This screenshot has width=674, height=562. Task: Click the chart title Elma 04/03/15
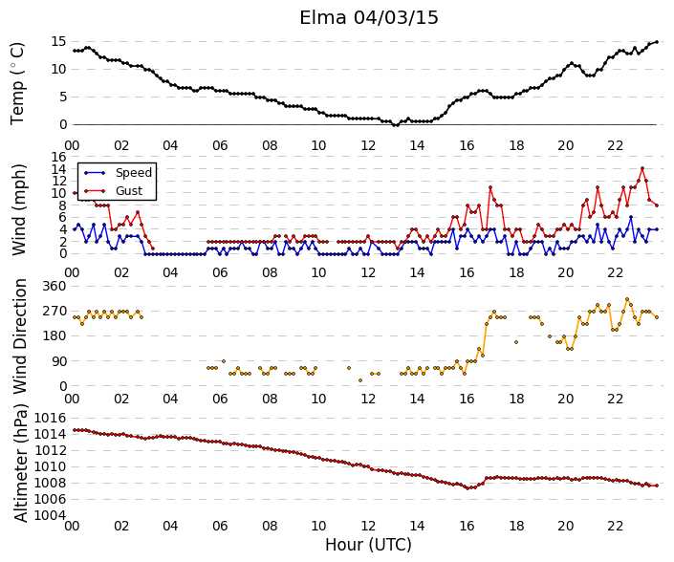(x=369, y=18)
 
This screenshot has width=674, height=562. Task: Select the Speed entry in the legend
(x=134, y=173)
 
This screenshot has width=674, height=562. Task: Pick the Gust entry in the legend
(x=129, y=191)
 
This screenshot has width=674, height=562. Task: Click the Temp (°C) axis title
(x=17, y=84)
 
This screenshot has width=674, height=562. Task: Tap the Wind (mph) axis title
(x=18, y=209)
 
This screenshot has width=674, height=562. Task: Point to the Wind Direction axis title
(x=19, y=336)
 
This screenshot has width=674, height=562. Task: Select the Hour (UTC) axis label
(x=368, y=545)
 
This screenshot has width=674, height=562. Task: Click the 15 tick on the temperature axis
(x=59, y=42)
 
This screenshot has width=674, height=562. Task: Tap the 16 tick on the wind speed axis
(x=59, y=157)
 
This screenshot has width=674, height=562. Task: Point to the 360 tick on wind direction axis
(x=54, y=286)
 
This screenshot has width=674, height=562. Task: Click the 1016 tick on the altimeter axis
(x=51, y=418)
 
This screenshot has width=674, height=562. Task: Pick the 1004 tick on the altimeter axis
(x=51, y=515)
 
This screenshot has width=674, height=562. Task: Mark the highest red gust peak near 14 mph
(x=642, y=168)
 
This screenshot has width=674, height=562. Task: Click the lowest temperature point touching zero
(x=396, y=124)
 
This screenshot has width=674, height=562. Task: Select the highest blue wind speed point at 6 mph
(x=631, y=217)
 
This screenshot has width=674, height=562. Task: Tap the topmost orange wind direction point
(x=627, y=299)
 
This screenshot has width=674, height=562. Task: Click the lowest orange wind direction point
(x=360, y=380)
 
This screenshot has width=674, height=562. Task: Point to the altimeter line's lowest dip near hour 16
(x=467, y=488)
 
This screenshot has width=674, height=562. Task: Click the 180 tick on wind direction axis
(x=54, y=336)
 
